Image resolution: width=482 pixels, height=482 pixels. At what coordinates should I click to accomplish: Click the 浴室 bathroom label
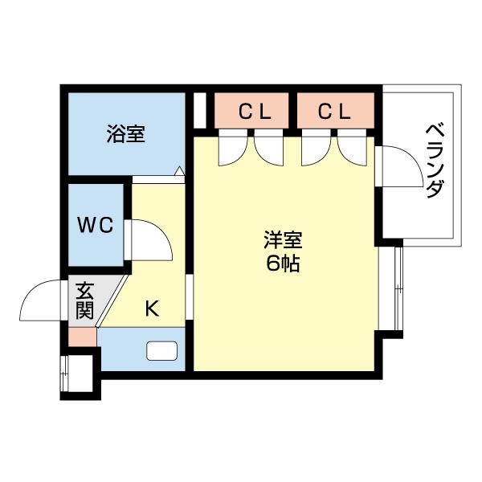click(x=126, y=133)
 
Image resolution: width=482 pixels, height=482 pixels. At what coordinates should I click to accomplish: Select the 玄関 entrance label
click(x=84, y=299)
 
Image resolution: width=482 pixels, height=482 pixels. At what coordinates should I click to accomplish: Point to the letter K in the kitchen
click(x=151, y=308)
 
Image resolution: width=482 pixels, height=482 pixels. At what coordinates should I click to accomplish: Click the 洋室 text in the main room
click(x=283, y=240)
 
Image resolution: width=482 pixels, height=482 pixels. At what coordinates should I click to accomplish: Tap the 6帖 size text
click(x=283, y=263)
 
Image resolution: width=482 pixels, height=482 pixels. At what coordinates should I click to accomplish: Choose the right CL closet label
click(x=335, y=112)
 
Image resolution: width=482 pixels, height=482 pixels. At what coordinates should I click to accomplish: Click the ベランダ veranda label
click(x=434, y=161)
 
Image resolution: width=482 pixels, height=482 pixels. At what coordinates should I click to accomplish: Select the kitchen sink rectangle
click(x=162, y=351)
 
